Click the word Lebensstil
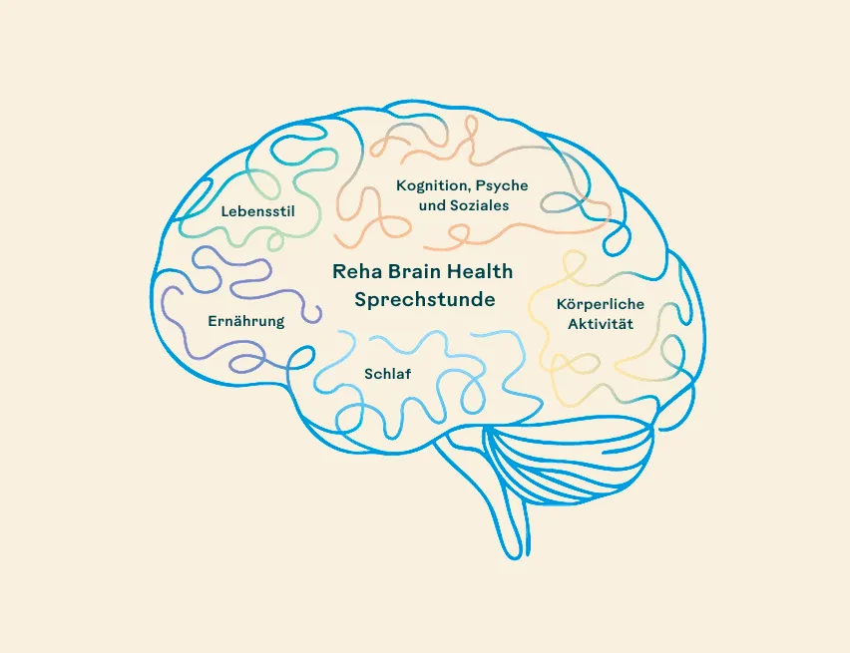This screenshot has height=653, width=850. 257,210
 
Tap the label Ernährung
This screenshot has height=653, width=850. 246,321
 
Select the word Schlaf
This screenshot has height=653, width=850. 387,373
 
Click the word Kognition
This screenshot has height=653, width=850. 433,185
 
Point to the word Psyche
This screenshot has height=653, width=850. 502,186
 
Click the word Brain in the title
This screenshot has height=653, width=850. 413,271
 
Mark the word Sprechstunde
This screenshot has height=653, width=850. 424,299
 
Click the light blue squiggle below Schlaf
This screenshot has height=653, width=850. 419,409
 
